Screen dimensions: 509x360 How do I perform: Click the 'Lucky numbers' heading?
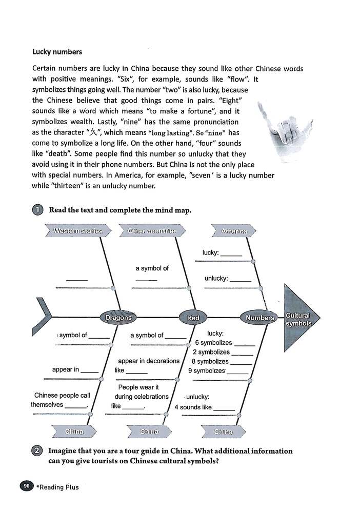pos(57,52)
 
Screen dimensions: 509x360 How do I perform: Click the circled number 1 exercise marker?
pos(37,210)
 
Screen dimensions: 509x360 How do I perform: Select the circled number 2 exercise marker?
pos(37,452)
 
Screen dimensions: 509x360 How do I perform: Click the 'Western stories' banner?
pos(78,231)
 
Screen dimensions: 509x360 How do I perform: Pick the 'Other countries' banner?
pos(152,231)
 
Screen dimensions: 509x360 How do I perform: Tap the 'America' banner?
pos(234,231)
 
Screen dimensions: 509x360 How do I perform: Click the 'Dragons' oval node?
pos(118,318)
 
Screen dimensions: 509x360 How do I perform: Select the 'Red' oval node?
pos(193,318)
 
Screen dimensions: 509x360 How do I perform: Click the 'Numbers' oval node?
pos(259,318)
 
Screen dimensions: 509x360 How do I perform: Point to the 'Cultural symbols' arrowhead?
pos(301,318)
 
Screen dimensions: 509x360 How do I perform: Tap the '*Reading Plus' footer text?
pos(57,487)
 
